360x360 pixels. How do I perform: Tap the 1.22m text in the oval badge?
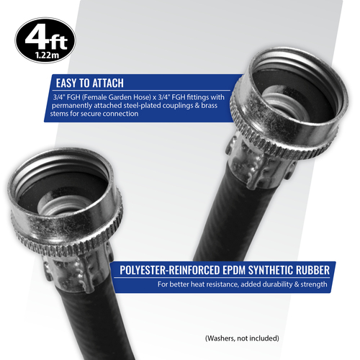pos(47,55)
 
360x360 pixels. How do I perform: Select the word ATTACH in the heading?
pos(108,83)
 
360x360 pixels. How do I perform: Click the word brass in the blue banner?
pos(209,105)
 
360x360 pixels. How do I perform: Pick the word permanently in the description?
pos(72,106)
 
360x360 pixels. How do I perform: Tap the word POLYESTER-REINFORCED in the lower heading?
pos(170,270)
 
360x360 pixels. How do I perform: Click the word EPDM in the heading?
pos(234,270)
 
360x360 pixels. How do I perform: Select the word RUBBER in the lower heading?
pos(312,270)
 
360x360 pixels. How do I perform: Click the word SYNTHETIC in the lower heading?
pos(271,270)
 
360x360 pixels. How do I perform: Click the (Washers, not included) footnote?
pos(242,338)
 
